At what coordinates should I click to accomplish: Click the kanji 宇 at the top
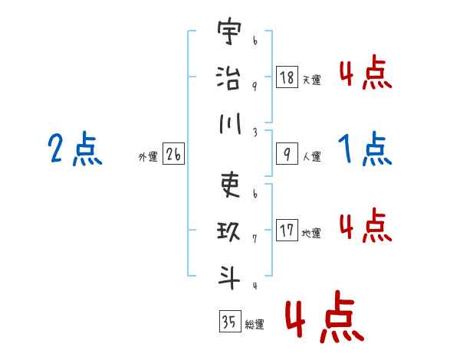click(x=228, y=35)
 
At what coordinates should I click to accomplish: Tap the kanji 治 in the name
click(x=228, y=78)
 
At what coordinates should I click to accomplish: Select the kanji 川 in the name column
click(x=228, y=122)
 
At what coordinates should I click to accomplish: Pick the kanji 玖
click(x=228, y=230)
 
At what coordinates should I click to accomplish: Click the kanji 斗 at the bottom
click(x=228, y=275)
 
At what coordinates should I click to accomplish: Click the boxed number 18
click(x=287, y=77)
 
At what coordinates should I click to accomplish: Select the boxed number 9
click(x=287, y=154)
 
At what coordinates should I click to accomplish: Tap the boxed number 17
click(x=287, y=231)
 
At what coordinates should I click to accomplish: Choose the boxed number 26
click(x=173, y=155)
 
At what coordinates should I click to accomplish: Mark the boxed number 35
click(x=228, y=322)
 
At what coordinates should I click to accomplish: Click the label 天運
click(x=311, y=80)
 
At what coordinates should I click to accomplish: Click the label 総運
click(x=255, y=325)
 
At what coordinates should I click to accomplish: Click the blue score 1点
click(x=365, y=149)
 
